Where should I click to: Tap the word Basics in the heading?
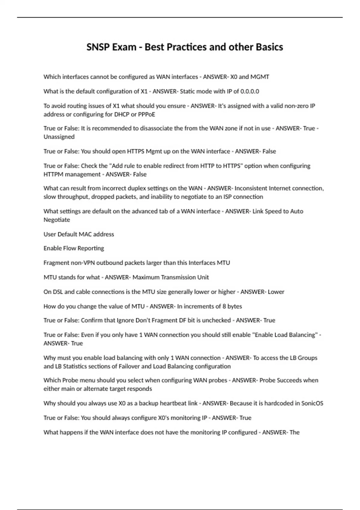(x=269, y=47)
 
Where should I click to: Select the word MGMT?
(x=260, y=77)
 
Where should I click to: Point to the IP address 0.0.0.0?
(x=250, y=91)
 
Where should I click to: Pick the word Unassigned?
(x=59, y=137)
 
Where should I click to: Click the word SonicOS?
(x=312, y=403)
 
